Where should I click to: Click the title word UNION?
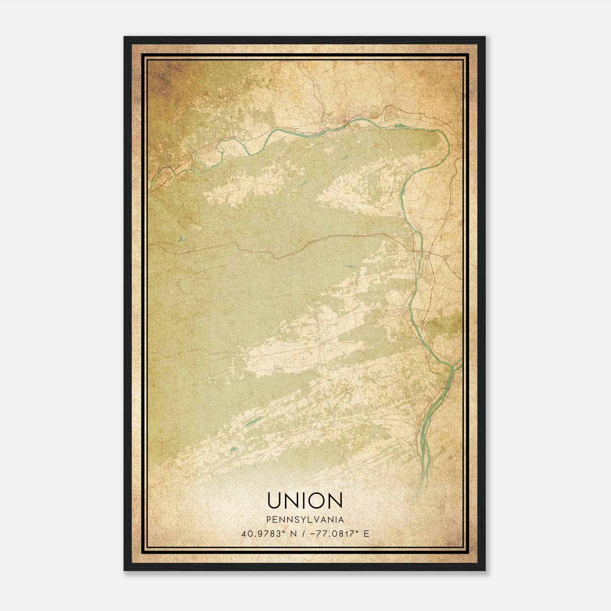coord(305,501)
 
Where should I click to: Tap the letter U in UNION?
coord(275,501)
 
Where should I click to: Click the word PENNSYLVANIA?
coord(305,520)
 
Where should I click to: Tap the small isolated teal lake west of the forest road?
coord(181,240)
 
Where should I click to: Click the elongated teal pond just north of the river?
coord(403,125)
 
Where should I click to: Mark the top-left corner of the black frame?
coord(124,37)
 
